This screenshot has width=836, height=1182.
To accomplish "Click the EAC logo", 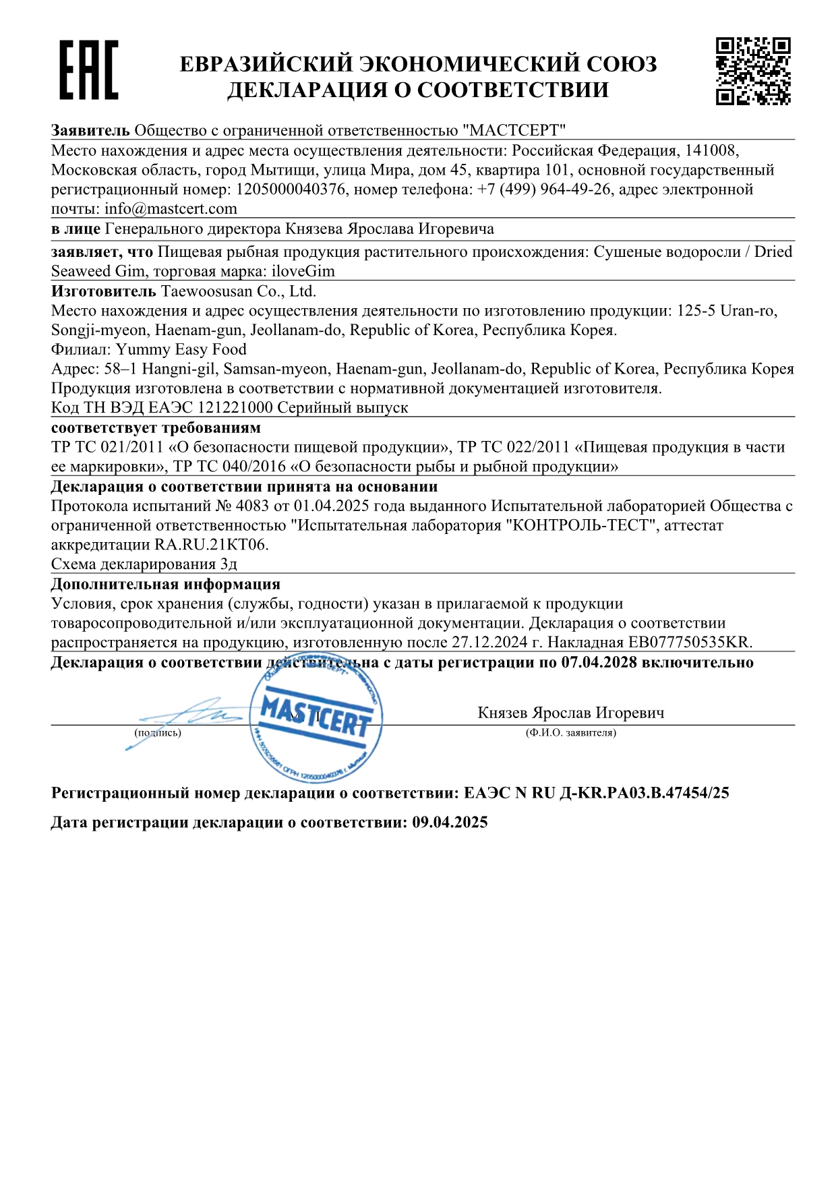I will pyautogui.click(x=88, y=70).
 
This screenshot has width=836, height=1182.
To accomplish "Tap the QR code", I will pyautogui.click(x=752, y=71).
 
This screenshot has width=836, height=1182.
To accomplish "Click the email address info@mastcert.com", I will pyautogui.click(x=171, y=209).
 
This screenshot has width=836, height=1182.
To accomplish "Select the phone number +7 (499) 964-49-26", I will pyautogui.click(x=543, y=189).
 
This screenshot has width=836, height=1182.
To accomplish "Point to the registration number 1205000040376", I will pyautogui.click(x=291, y=189).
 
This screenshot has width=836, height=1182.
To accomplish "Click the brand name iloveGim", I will pyautogui.click(x=303, y=271).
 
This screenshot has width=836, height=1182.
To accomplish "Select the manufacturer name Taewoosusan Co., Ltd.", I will pyautogui.click(x=238, y=291).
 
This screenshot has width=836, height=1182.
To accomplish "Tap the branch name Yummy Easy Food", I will pyautogui.click(x=181, y=349).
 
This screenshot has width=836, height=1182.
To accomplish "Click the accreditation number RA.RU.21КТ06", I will pyautogui.click(x=211, y=545).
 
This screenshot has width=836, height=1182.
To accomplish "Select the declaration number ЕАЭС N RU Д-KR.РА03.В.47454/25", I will pyautogui.click(x=596, y=793).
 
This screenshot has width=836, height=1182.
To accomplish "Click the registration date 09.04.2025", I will pyautogui.click(x=450, y=823).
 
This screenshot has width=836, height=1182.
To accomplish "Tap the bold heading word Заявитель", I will pyautogui.click(x=90, y=130).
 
